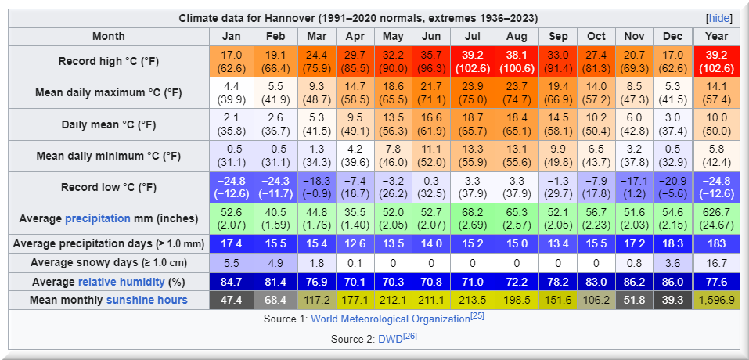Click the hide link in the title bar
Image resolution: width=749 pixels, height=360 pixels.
point(718,18)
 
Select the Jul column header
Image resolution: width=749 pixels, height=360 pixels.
point(472,36)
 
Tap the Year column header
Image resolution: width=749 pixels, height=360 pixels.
point(716,36)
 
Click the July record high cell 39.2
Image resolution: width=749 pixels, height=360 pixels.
point(472,62)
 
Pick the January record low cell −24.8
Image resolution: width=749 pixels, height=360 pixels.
point(232,187)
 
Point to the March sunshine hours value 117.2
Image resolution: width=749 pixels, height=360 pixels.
point(316,300)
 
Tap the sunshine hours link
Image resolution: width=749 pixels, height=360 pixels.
point(146,300)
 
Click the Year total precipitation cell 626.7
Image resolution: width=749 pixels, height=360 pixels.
point(716,218)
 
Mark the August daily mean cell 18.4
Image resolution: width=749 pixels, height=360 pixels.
point(517,124)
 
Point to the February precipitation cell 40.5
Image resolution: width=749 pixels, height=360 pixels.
point(275,218)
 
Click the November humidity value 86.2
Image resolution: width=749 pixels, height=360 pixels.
point(634,281)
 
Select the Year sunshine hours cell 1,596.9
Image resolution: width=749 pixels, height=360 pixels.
point(716,300)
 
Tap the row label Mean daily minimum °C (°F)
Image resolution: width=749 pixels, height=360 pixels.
point(109,156)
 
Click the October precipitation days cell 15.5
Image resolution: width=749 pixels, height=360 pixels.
point(596,243)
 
